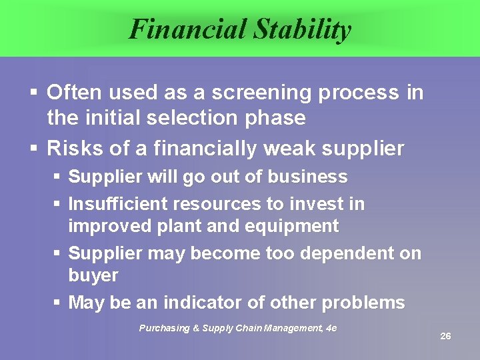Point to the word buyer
pos(93,275)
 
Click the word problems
pos(363,303)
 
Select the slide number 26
pos(445,336)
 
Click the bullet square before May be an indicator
pos(57,303)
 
